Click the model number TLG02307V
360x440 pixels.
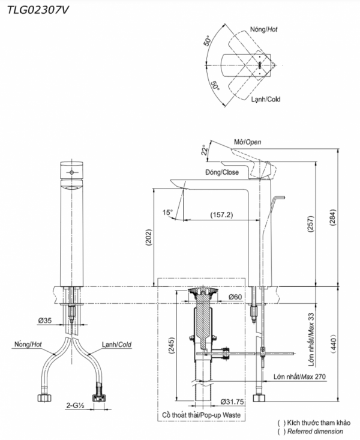[38, 10]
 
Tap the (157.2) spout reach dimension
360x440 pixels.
[221, 215]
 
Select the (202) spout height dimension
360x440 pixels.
[148, 238]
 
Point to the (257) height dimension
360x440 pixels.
[311, 224]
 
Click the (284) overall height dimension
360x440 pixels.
[333, 217]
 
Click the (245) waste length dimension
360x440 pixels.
[172, 346]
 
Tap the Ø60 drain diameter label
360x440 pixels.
[235, 297]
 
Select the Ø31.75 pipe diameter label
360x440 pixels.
[232, 402]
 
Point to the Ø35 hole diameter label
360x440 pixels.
[45, 320]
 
